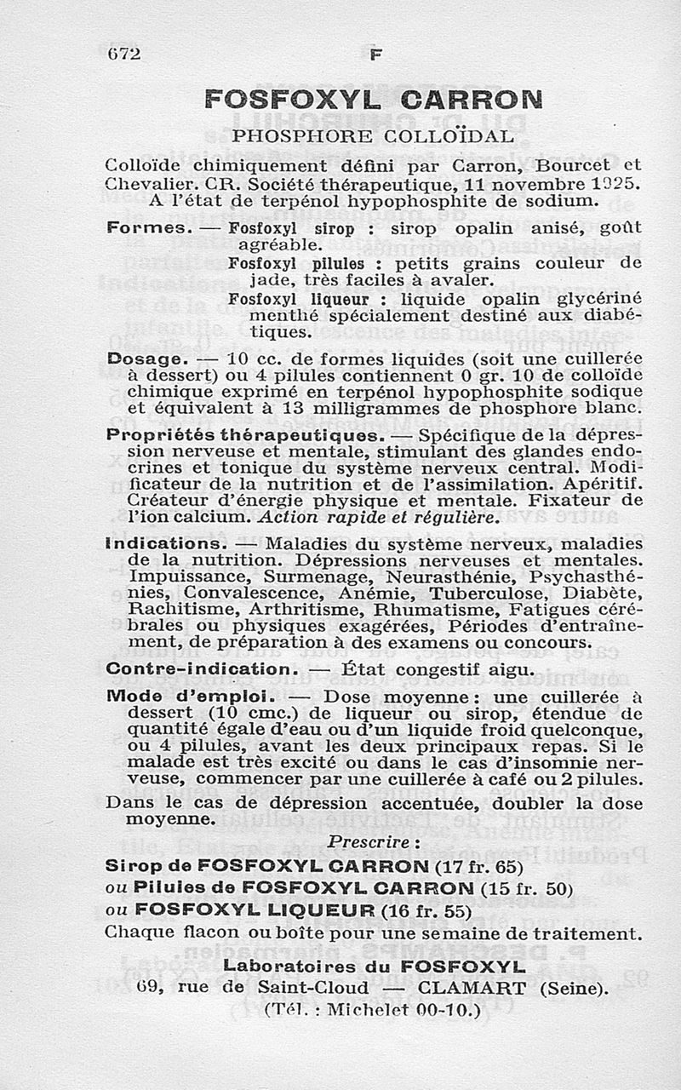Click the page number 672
click(x=123, y=54)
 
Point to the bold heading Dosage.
click(x=144, y=360)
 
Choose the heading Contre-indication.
click(x=201, y=669)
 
